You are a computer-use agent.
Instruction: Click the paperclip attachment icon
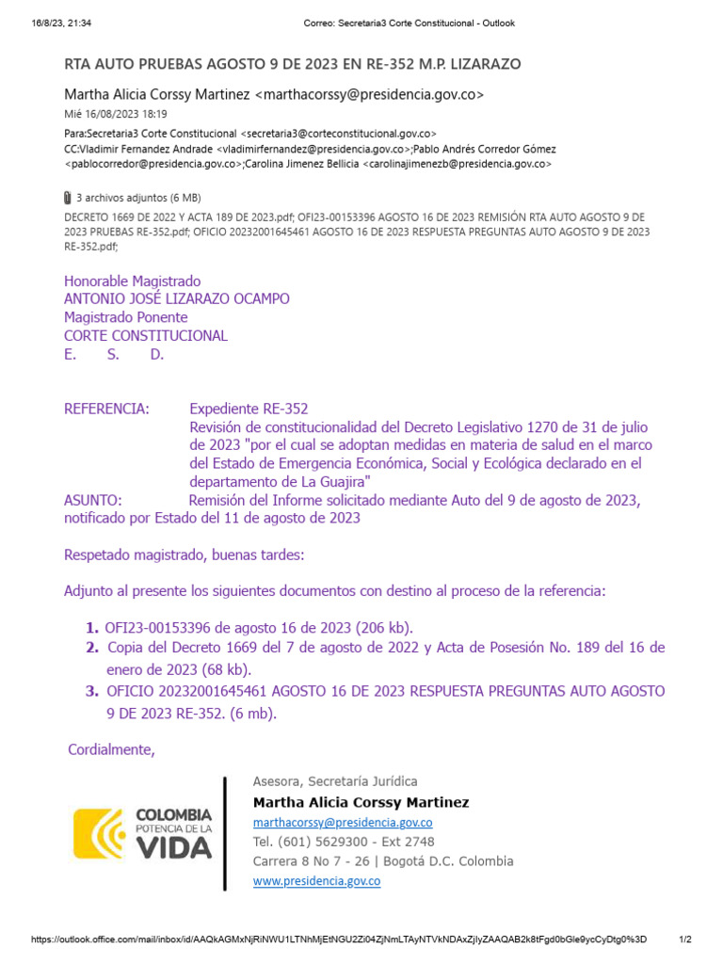[67, 198]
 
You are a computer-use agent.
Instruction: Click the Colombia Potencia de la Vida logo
[143, 834]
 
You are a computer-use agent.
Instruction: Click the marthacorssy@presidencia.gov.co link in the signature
[343, 822]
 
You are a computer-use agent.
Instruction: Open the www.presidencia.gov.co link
[316, 881]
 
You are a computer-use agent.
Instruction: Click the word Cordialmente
[111, 749]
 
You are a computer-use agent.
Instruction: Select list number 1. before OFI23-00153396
[91, 628]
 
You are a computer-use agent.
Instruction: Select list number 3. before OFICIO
[91, 691]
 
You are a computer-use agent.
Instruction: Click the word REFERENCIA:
[106, 409]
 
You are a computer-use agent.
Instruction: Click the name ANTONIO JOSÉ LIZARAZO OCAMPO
[177, 299]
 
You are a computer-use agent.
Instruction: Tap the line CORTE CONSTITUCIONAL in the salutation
[146, 336]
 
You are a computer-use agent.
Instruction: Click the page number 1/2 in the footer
[685, 940]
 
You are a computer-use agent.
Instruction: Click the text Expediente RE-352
[249, 409]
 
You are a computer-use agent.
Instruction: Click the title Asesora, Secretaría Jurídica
[335, 781]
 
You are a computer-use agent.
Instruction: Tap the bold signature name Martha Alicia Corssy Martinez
[361, 802]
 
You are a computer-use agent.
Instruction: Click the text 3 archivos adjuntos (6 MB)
[138, 198]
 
